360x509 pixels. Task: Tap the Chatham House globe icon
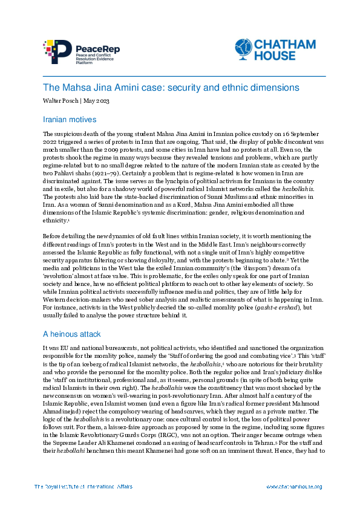[x=243, y=48]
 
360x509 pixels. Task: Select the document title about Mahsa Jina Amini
[x=163, y=88]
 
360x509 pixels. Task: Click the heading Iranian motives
[x=70, y=120]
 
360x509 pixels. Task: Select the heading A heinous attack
[x=71, y=333]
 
